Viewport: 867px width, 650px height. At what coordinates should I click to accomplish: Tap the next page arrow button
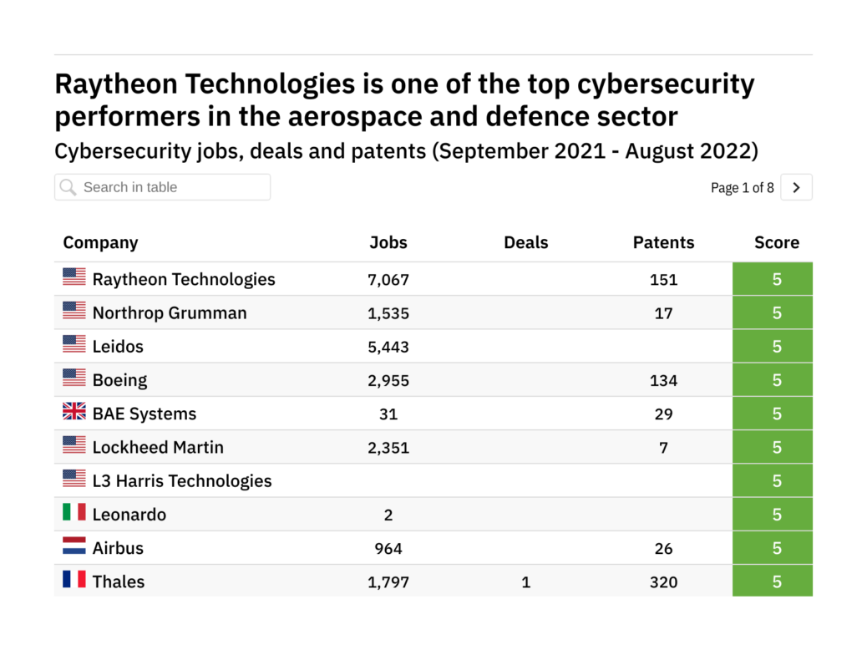click(796, 188)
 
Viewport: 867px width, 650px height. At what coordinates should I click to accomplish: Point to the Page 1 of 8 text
click(742, 188)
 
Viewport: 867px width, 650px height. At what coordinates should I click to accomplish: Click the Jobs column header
click(388, 242)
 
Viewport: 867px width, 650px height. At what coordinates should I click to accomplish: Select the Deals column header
click(526, 242)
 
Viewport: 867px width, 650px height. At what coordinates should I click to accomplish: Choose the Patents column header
click(663, 242)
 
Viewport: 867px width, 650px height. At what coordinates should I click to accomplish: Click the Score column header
click(777, 242)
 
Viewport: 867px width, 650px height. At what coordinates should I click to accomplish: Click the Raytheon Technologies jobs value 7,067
click(388, 279)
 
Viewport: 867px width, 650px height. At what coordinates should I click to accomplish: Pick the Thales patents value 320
click(663, 581)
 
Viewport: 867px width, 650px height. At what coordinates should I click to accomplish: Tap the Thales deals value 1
click(526, 581)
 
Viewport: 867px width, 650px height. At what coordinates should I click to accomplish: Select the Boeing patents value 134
click(663, 380)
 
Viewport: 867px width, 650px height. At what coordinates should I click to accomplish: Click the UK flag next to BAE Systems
click(74, 412)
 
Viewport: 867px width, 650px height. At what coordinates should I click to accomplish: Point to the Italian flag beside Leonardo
click(74, 512)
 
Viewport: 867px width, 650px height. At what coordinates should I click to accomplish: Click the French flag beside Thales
click(74, 579)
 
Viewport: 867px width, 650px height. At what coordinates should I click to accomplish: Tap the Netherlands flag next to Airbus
click(74, 546)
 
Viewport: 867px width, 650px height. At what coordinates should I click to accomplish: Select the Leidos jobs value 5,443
click(388, 347)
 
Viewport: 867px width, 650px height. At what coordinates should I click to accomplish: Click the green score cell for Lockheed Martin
click(773, 447)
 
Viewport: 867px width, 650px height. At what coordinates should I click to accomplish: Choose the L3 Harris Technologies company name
click(182, 481)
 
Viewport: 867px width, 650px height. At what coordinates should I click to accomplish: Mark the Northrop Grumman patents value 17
click(663, 313)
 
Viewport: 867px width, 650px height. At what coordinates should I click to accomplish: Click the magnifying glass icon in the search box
click(68, 187)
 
